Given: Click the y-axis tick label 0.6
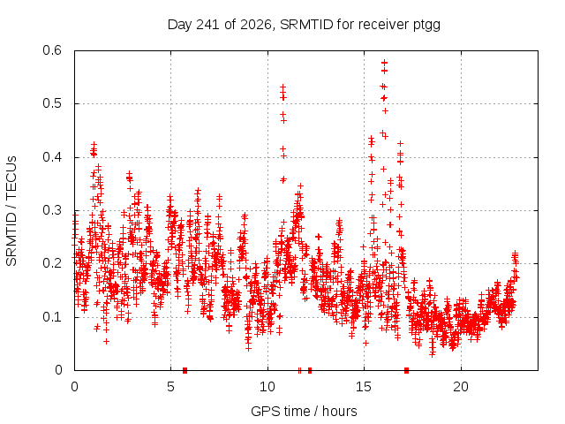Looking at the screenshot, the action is (x=52, y=50).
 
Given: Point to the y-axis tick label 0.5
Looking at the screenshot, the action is (x=52, y=103).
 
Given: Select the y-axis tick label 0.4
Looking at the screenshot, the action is (x=52, y=157).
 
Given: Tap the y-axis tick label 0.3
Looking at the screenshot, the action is (x=52, y=210).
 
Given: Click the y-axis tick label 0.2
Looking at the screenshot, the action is (x=52, y=263).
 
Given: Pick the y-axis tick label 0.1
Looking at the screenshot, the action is (x=52, y=317).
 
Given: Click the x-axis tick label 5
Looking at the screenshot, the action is (x=170, y=387).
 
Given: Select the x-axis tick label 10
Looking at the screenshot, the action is (x=267, y=387).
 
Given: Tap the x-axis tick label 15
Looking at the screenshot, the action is (x=364, y=387).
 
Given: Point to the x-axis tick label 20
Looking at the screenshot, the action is (x=461, y=387).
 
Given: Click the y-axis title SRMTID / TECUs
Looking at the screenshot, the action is (x=11, y=211).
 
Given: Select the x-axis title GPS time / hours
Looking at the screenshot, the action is (x=304, y=412).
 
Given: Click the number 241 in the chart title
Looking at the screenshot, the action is (x=207, y=25).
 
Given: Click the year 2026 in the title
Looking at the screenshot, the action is (x=256, y=25).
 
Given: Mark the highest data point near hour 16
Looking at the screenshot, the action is (x=385, y=63).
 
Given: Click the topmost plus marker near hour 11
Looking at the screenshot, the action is (x=282, y=87).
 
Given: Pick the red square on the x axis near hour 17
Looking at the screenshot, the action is (x=406, y=370).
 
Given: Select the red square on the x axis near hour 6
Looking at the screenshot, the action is (x=185, y=370).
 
